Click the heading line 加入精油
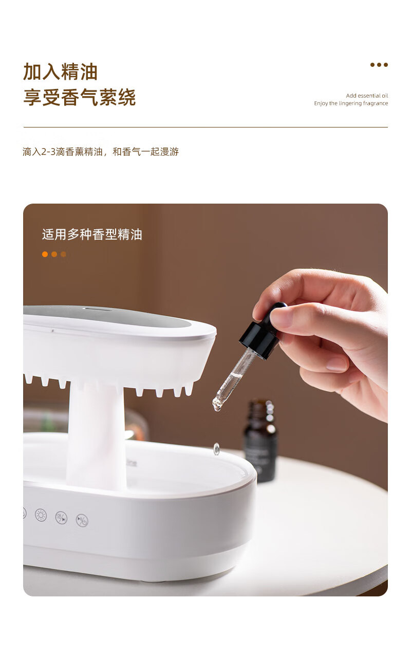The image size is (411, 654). point(60,71)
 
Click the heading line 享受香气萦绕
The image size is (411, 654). point(79,97)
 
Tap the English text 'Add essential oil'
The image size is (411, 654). point(367,96)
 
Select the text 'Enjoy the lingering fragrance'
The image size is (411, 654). point(351,103)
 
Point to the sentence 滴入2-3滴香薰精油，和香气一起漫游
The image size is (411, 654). point(101,152)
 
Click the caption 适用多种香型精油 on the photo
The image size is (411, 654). point(92,234)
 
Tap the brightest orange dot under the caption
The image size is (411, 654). point(45,255)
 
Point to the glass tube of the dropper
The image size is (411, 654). point(233,377)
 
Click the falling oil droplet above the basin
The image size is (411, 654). point(216,449)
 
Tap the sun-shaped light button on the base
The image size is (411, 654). point(41,515)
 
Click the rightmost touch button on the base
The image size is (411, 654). point(82,520)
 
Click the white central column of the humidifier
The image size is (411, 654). point(96,435)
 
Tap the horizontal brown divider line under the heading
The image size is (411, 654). point(206,128)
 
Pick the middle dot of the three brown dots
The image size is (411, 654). point(379,65)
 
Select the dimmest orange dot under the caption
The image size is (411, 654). point(63,255)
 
